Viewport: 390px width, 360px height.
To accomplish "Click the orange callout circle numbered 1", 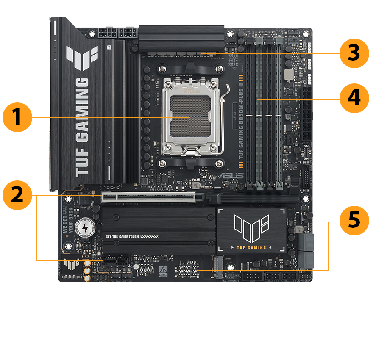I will point(17,117).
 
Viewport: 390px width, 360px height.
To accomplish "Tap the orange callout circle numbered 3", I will point(354,54).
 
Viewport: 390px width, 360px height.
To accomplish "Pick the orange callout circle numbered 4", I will point(354,98).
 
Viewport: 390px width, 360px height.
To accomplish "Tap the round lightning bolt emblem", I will point(85,228).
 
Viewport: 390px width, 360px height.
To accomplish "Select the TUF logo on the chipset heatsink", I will point(252,227).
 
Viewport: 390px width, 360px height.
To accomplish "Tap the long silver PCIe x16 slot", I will point(148,197).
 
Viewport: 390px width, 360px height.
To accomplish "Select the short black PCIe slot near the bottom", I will point(114,263).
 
